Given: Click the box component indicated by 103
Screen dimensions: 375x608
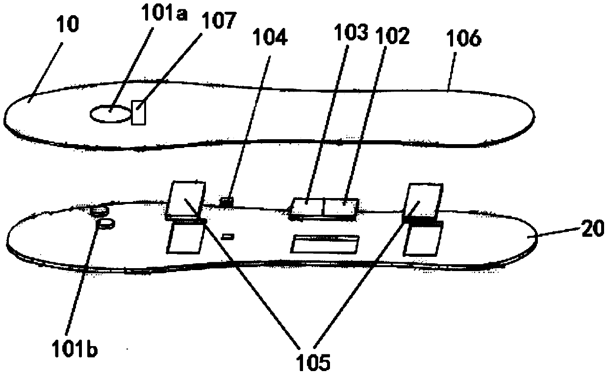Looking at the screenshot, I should point(307,207).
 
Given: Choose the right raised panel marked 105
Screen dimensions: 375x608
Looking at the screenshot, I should point(424,201).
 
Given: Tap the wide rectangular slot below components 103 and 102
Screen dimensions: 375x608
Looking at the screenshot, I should point(325,244).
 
